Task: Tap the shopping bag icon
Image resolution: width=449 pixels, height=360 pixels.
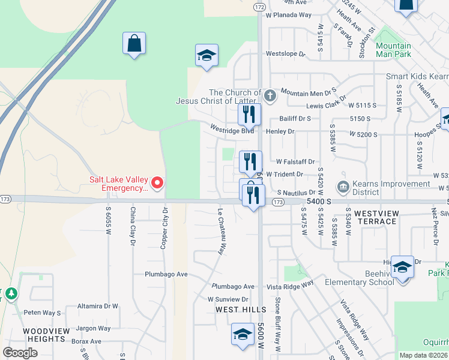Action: (x=134, y=43)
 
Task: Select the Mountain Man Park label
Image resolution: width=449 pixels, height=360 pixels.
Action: (x=393, y=50)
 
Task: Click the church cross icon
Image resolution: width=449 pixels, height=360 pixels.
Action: (x=270, y=95)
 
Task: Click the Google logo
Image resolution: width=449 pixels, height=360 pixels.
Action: (x=20, y=352)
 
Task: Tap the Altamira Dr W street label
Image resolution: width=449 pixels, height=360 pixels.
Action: (x=98, y=306)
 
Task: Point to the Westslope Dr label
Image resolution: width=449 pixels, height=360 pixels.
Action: (x=286, y=53)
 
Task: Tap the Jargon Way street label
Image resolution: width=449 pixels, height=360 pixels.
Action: (x=93, y=328)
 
